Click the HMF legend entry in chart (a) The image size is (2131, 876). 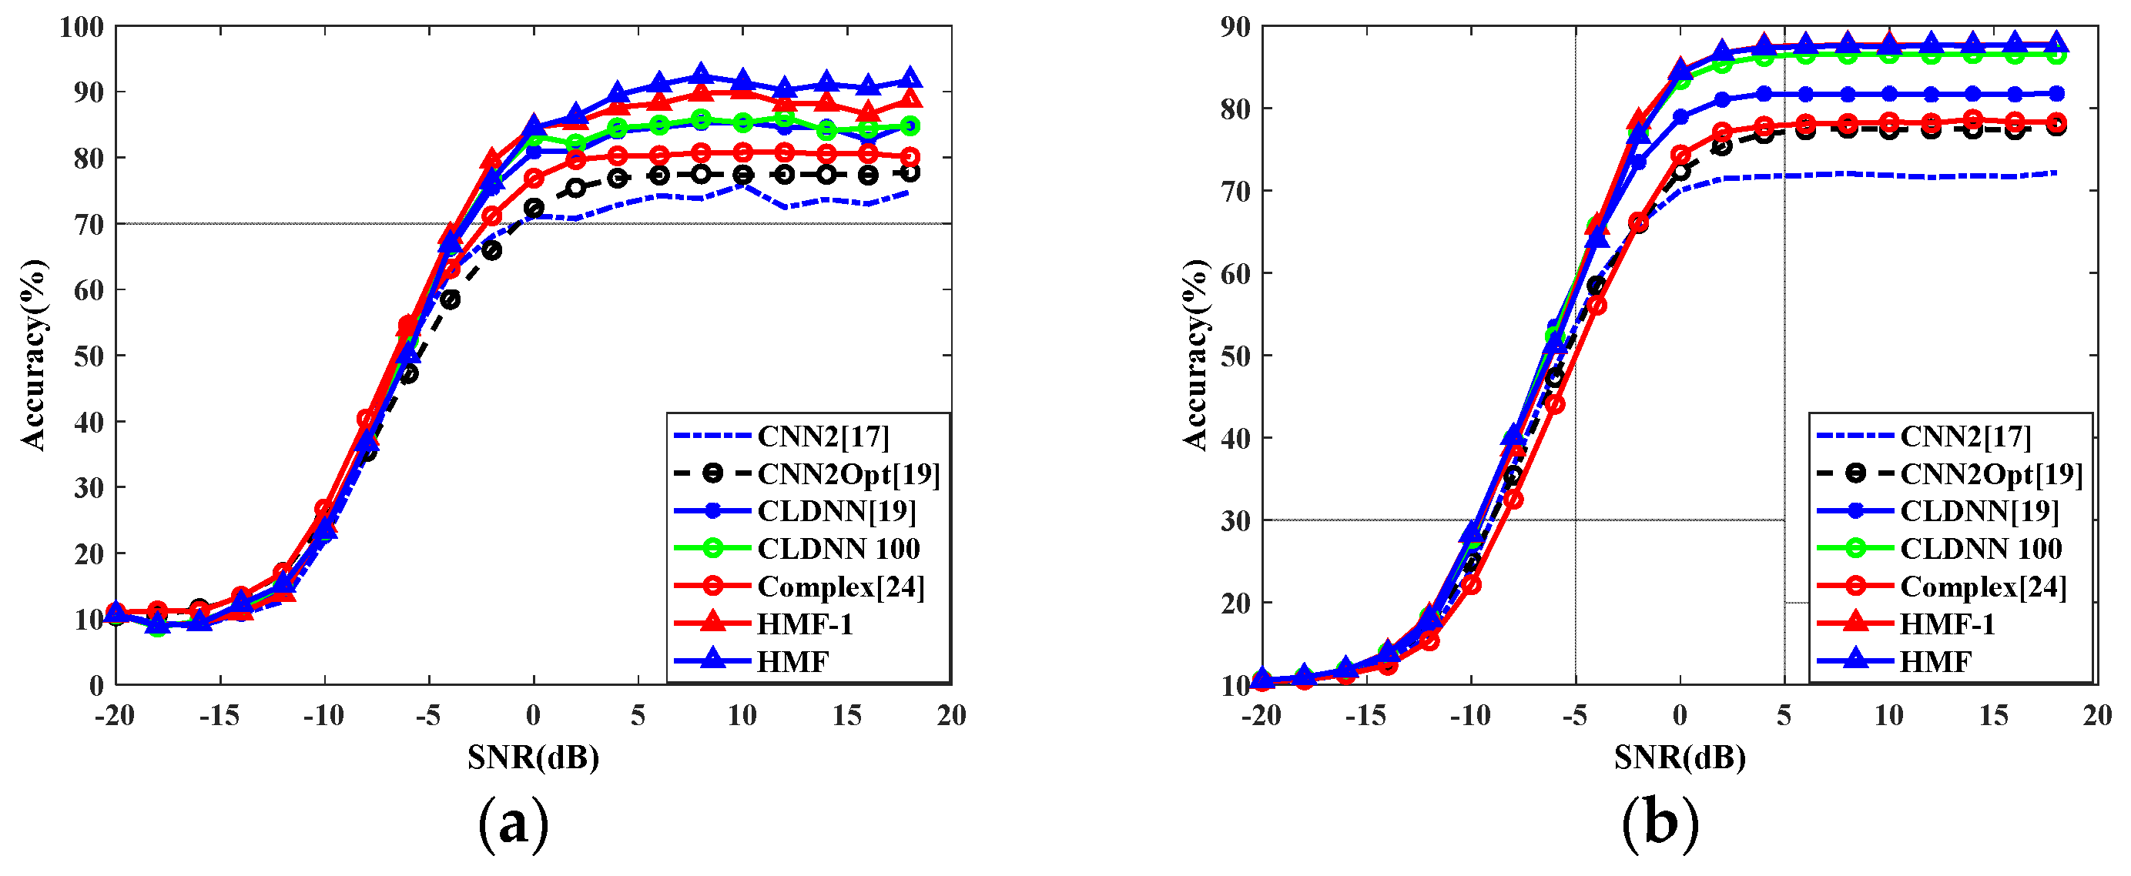pyautogui.click(x=792, y=662)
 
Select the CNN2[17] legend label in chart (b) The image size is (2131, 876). pyautogui.click(x=1965, y=436)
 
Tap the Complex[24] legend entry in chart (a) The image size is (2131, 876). pyautogui.click(x=839, y=587)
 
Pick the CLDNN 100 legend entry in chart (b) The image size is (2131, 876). pyautogui.click(x=1979, y=548)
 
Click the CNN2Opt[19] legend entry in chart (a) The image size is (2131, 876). pyautogui.click(x=848, y=474)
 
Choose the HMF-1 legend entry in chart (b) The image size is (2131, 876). pyautogui.click(x=1946, y=624)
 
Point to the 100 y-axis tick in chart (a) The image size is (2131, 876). pyautogui.click(x=81, y=27)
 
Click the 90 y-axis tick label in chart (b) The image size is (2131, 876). pyautogui.click(x=1235, y=27)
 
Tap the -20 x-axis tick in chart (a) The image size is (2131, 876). pyautogui.click(x=114, y=716)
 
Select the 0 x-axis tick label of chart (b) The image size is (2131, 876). pyautogui.click(x=1680, y=716)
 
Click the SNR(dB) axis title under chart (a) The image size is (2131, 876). pyautogui.click(x=533, y=757)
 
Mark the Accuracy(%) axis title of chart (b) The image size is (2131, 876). pyautogui.click(x=1194, y=355)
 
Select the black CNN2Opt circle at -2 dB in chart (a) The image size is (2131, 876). pyautogui.click(x=491, y=250)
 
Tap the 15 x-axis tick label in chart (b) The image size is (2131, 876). pyautogui.click(x=1993, y=716)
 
